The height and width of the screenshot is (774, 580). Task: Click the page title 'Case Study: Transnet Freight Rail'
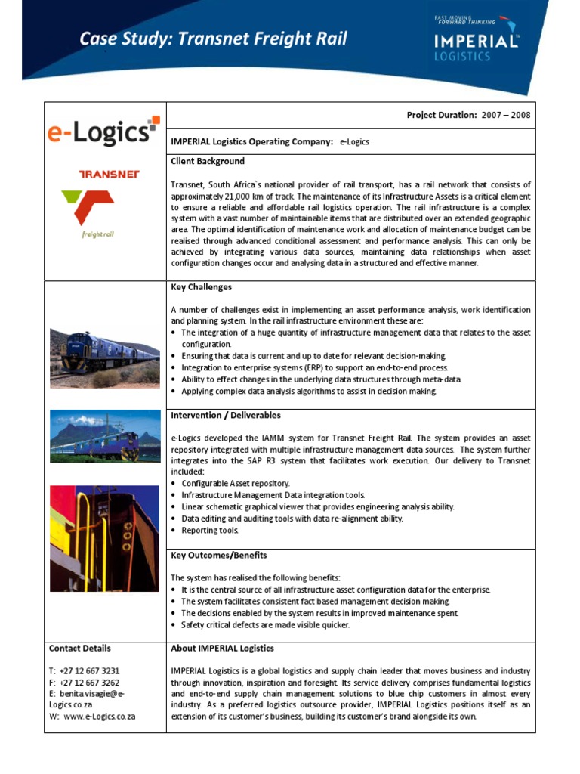point(214,39)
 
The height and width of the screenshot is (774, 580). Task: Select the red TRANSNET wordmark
point(109,175)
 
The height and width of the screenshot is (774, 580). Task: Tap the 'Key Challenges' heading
point(202,287)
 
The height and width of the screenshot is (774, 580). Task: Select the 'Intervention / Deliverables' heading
point(226,416)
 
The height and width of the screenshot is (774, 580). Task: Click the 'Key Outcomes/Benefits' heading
point(219,556)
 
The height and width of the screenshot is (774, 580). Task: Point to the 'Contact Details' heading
point(80,649)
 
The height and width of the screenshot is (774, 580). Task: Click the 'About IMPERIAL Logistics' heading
point(223,649)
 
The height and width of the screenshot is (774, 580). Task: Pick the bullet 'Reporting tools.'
point(210,531)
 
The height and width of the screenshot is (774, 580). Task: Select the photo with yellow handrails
point(105,538)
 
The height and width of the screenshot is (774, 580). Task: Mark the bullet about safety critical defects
point(265,625)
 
